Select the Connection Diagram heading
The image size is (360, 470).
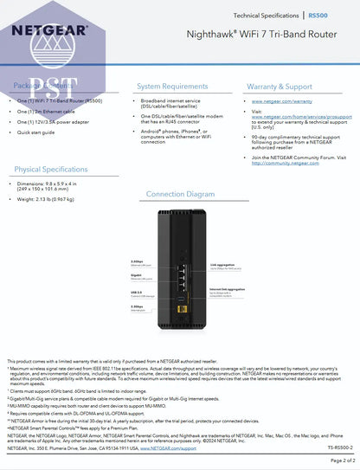point(180,194)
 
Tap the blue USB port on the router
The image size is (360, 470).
point(181,292)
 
